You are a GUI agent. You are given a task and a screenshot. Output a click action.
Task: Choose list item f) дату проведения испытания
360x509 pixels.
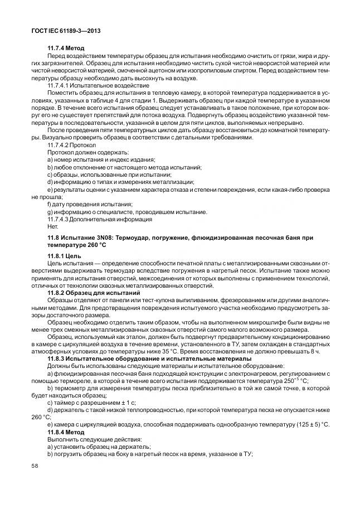pos(90,204)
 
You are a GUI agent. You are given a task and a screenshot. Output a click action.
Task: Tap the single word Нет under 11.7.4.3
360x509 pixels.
pos(52,226)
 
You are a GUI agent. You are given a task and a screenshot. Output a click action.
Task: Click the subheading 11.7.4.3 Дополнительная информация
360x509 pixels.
pos(97,219)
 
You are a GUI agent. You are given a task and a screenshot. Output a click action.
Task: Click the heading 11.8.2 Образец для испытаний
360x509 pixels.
pos(93,293)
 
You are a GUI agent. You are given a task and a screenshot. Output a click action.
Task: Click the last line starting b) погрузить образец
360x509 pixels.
pos(150,455)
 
